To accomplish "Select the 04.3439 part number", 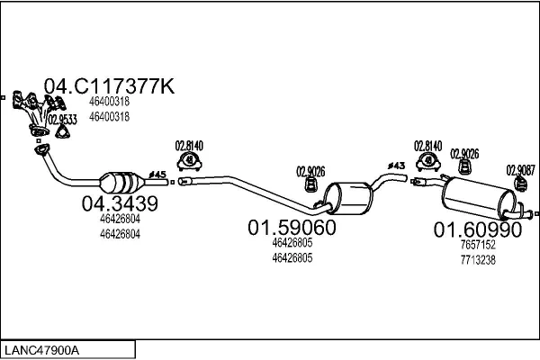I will (120, 204).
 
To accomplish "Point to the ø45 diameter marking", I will (157, 174).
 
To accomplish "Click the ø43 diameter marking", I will (395, 165).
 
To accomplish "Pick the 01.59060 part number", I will (292, 228).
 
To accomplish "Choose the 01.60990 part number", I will (477, 230).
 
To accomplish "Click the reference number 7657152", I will (477, 244).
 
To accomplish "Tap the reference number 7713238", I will (477, 259).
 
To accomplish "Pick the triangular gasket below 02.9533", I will (63, 133).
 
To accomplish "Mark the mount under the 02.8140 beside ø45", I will (190, 162).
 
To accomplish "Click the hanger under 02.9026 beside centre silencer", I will (310, 184).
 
